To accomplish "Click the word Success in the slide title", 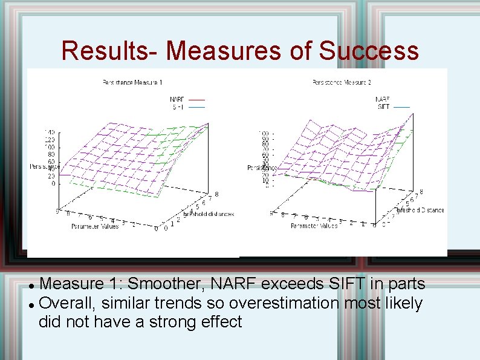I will (369, 51).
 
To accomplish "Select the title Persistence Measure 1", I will (132, 82).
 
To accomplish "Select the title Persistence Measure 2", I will (342, 82).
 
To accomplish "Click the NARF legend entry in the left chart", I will (177, 99).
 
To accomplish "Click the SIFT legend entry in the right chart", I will (383, 106).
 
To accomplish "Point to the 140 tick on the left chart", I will (49, 132).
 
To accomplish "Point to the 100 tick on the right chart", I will (264, 133).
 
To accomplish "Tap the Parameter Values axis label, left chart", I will (95, 226).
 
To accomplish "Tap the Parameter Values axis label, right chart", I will (314, 226).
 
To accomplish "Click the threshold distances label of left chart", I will (209, 214).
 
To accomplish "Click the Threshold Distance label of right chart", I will (421, 211).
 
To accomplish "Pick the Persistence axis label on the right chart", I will (261, 168).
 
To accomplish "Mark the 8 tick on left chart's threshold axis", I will (216, 194).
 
